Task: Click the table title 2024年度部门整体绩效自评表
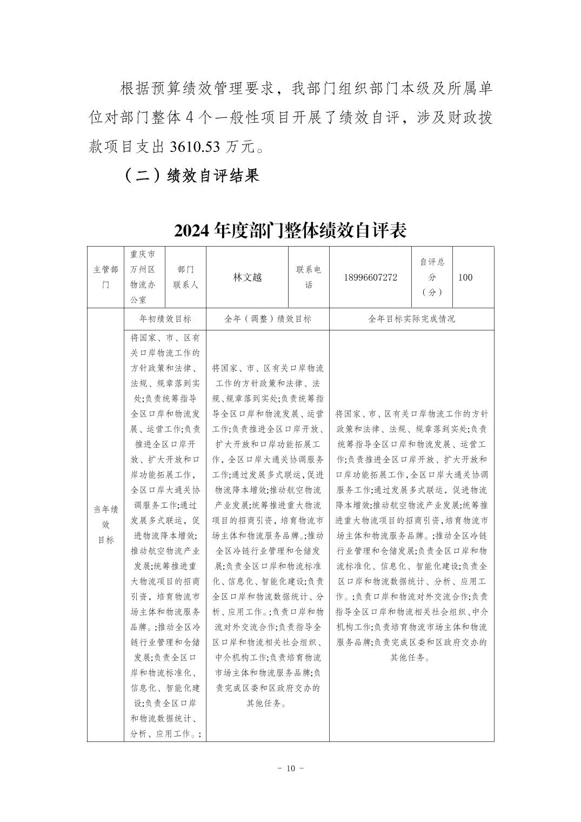(290, 231)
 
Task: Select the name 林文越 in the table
(247, 277)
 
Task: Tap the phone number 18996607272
(370, 277)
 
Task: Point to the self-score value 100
(465, 277)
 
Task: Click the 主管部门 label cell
(105, 277)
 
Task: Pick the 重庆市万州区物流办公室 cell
(144, 277)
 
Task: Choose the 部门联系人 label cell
(185, 277)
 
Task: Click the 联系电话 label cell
(309, 277)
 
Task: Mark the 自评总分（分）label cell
(432, 277)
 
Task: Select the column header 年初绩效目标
(165, 319)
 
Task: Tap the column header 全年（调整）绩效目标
(268, 319)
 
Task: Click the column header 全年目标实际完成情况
(411, 319)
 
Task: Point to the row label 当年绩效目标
(105, 525)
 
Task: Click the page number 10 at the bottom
(290, 768)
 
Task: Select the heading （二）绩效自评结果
(192, 175)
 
